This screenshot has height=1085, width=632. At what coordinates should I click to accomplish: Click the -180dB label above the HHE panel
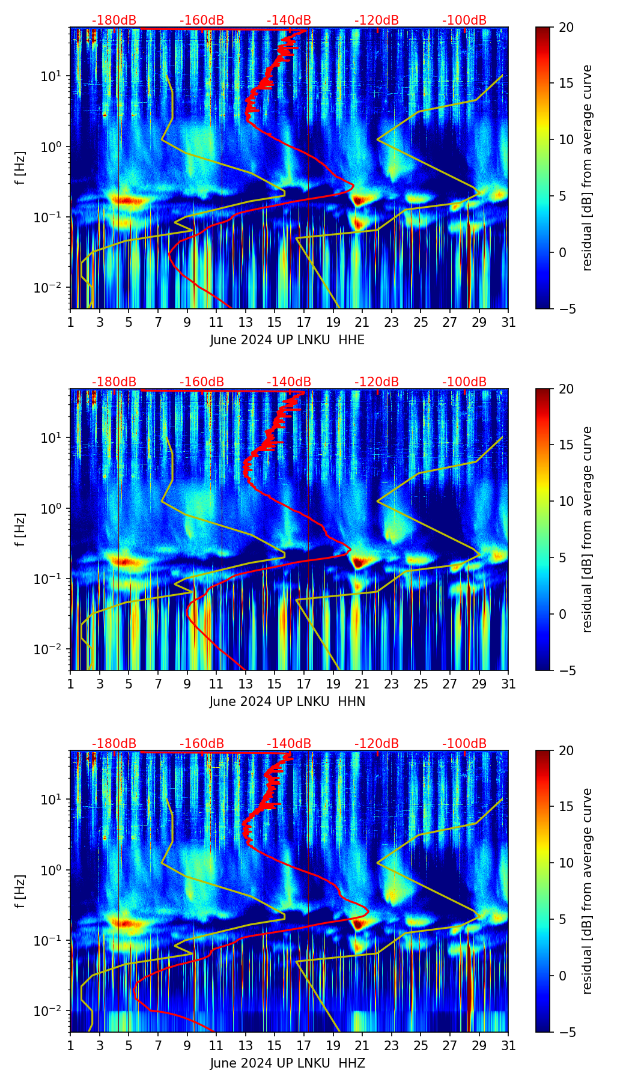(114, 20)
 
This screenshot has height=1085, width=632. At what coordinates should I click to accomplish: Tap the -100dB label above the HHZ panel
(464, 744)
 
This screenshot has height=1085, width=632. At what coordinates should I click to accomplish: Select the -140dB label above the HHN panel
(289, 382)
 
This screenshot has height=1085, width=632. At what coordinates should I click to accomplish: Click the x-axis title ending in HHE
(287, 340)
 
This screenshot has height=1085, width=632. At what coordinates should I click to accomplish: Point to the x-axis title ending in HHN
(287, 702)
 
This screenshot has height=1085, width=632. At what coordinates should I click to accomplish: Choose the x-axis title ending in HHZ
(287, 1063)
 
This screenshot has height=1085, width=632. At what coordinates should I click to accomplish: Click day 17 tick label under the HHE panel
(303, 322)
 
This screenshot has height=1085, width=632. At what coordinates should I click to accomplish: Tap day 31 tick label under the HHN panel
(508, 684)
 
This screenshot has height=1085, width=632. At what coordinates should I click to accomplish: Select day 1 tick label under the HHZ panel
(70, 1045)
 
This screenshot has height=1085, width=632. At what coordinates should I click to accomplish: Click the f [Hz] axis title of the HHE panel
(20, 168)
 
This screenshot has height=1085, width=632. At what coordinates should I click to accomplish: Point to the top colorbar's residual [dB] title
(587, 168)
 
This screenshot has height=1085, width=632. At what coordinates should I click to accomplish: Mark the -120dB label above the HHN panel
(377, 382)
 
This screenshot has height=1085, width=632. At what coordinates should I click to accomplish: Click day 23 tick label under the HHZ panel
(391, 1045)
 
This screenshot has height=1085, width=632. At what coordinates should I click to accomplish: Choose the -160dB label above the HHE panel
(202, 20)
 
